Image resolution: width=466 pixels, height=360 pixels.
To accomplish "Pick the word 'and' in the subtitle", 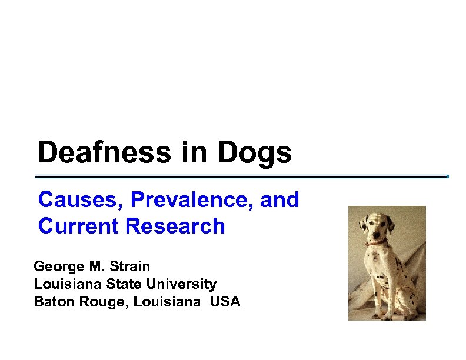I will [x=279, y=200].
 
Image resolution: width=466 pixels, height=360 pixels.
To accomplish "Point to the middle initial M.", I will [x=95, y=266].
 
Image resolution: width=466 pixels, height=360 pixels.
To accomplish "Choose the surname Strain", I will [x=129, y=266].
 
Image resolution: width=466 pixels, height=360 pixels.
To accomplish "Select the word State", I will [x=124, y=284].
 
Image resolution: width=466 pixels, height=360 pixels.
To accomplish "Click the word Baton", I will [x=52, y=302].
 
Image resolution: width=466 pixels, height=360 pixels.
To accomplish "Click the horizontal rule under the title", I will [x=241, y=176].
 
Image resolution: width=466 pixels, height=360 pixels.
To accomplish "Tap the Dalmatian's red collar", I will [x=377, y=241].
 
